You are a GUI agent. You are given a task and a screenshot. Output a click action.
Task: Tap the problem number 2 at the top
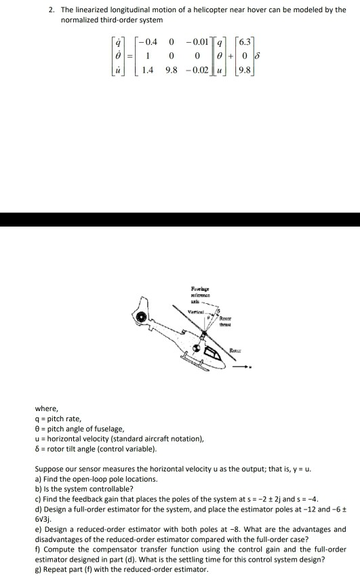[x=52, y=10]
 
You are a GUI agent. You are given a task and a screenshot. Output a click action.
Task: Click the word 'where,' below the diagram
[x=47, y=408]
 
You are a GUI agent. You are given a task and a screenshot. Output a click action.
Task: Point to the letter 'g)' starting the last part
[x=38, y=568]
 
